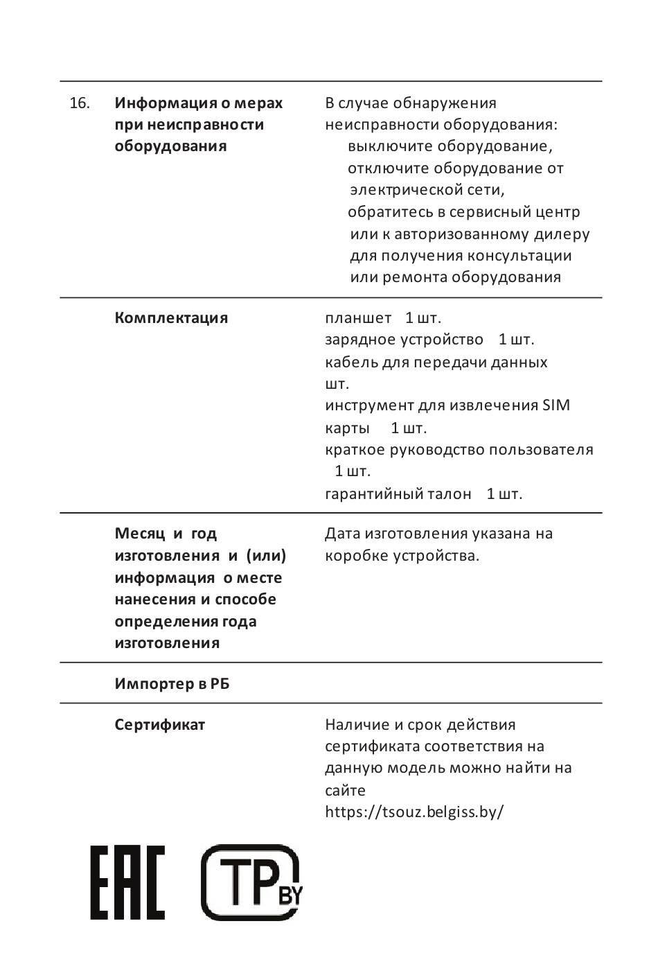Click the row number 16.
tap(80, 103)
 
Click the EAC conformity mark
tap(127, 882)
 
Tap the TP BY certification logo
tap(251, 882)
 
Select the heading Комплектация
tap(171, 318)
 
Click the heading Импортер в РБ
tap(172, 684)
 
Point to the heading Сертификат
tap(160, 725)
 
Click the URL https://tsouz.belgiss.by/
tap(414, 812)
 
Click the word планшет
tap(358, 318)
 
